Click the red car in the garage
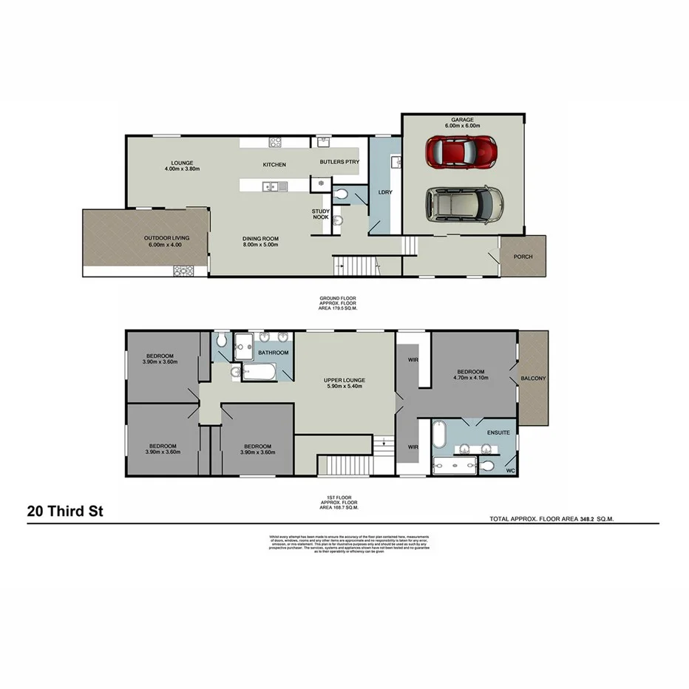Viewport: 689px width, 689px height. coord(461,152)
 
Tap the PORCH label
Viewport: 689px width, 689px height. coord(522,257)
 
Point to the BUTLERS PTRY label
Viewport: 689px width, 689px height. coord(339,161)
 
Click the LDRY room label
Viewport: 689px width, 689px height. coord(384,191)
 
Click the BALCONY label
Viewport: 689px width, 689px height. coord(533,379)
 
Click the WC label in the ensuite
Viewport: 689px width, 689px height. coord(509,471)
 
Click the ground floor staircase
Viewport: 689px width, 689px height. coord(354,263)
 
